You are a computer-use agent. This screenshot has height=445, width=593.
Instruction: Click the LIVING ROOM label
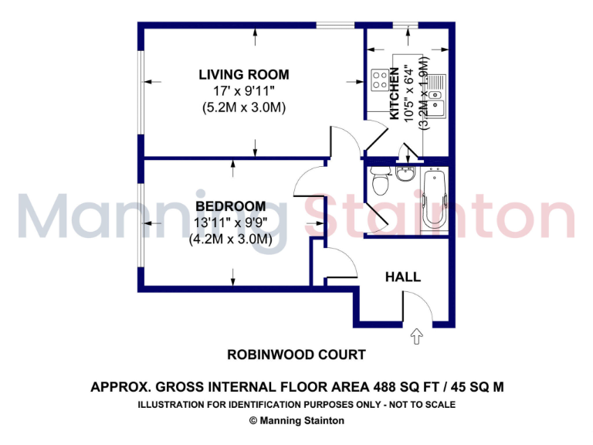[244, 75]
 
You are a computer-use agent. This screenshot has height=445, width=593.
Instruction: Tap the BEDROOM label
[230, 206]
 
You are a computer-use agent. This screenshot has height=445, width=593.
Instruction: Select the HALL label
[403, 277]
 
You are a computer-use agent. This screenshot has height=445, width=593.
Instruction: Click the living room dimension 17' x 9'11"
[244, 91]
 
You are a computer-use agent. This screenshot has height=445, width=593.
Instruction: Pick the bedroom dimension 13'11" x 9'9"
[230, 223]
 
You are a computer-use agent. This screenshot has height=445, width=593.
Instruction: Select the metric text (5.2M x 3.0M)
[244, 108]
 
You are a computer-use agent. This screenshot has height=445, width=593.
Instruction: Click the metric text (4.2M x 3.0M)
[230, 239]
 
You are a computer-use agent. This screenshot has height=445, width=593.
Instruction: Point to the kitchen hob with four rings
[380, 78]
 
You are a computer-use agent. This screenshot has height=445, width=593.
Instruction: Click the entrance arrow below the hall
[417, 335]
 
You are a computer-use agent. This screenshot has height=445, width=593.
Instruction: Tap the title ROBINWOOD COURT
[296, 355]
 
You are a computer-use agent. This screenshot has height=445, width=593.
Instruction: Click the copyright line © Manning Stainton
[296, 421]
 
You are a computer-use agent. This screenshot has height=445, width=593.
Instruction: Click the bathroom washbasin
[405, 171]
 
